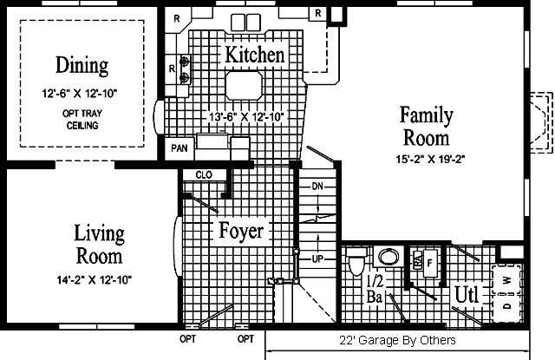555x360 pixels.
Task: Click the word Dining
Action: coord(82,65)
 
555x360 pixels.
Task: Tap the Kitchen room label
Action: coord(255,56)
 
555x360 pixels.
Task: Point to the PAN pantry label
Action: coord(180,147)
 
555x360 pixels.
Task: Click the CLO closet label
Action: coord(204,174)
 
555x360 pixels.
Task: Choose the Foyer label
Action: coord(240,232)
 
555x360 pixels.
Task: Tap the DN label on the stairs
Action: coord(317,187)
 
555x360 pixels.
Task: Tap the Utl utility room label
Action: coord(467,295)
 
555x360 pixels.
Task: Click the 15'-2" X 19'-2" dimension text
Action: coord(424,159)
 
